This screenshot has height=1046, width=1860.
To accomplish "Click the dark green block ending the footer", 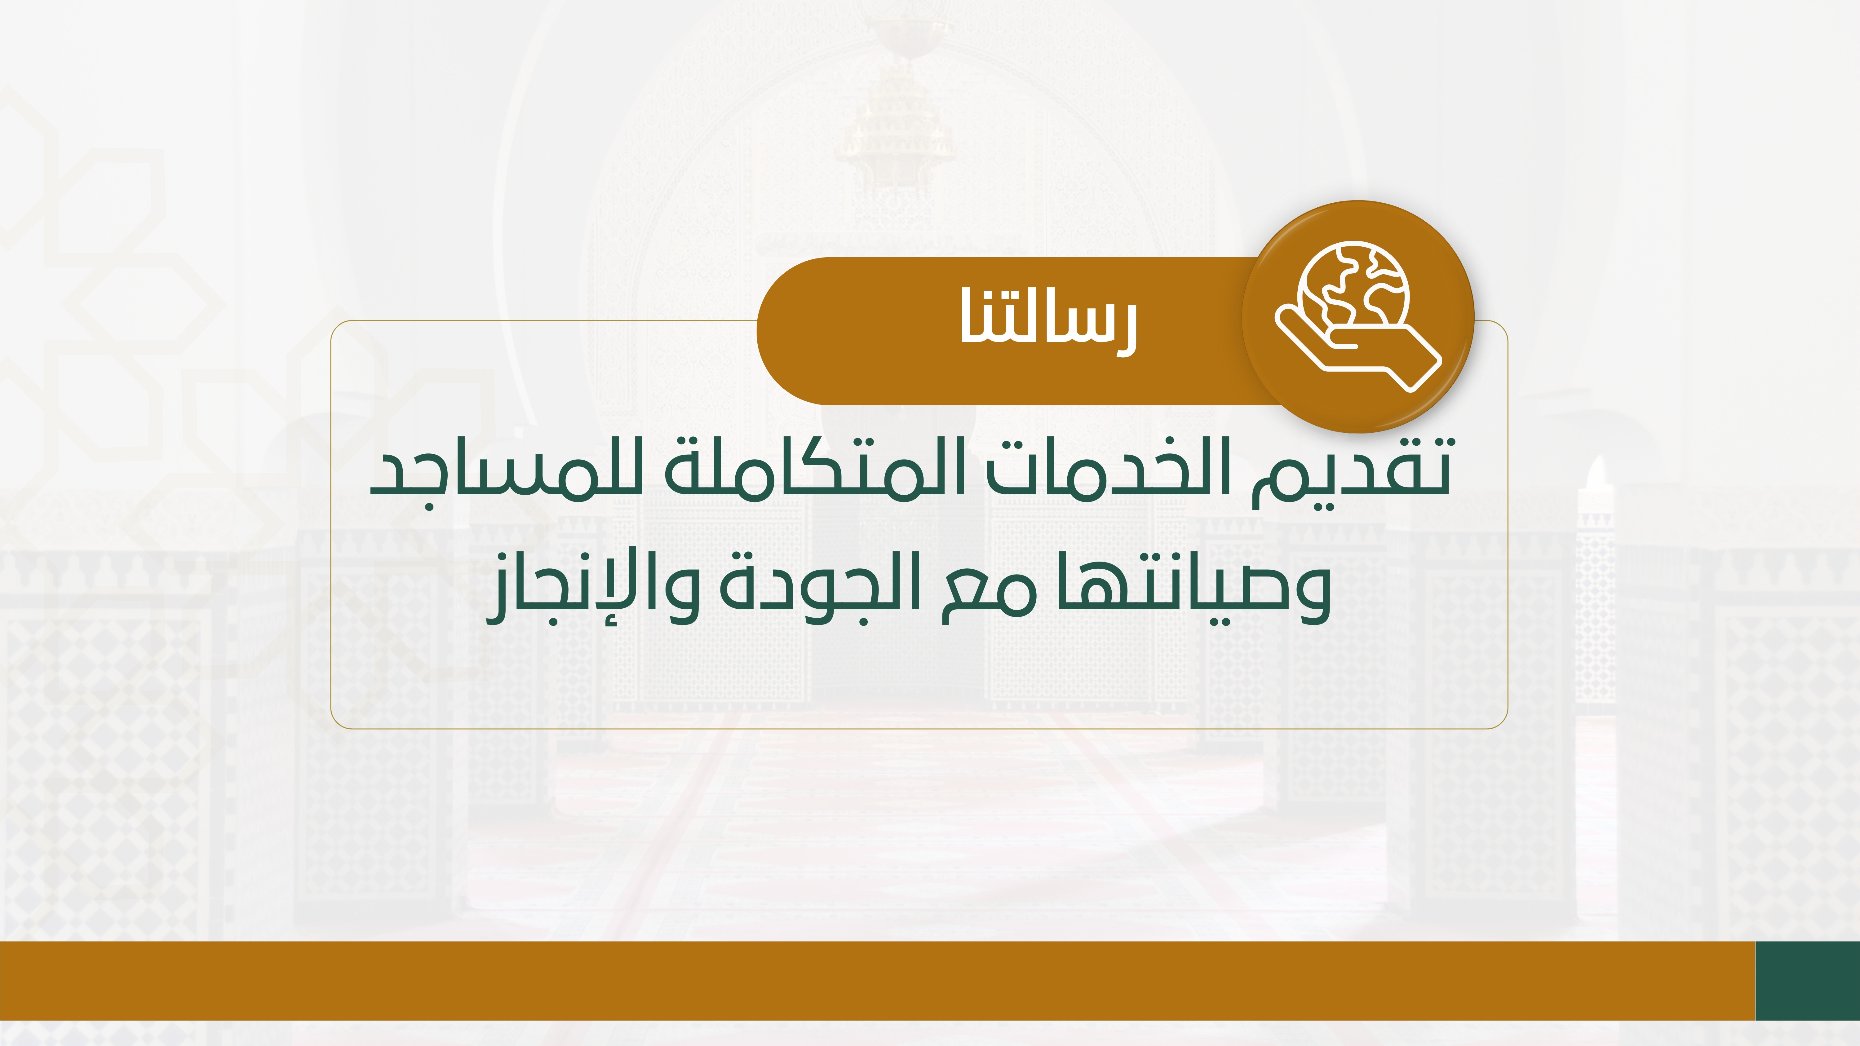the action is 1807,980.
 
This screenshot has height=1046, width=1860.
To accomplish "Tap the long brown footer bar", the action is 877,980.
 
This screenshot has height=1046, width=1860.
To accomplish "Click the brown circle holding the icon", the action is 1357,316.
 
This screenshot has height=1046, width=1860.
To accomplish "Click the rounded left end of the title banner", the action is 759,331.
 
